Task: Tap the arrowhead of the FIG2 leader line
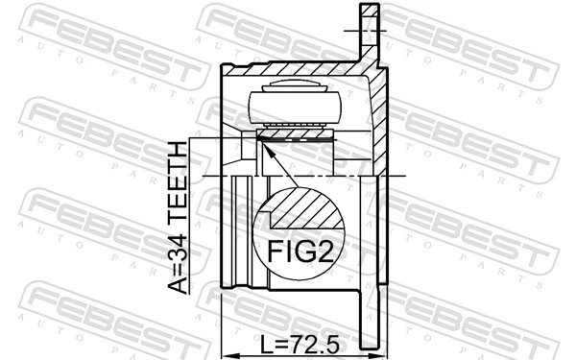(263, 141)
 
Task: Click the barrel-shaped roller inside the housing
(296, 103)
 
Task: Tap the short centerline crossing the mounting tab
(370, 33)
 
